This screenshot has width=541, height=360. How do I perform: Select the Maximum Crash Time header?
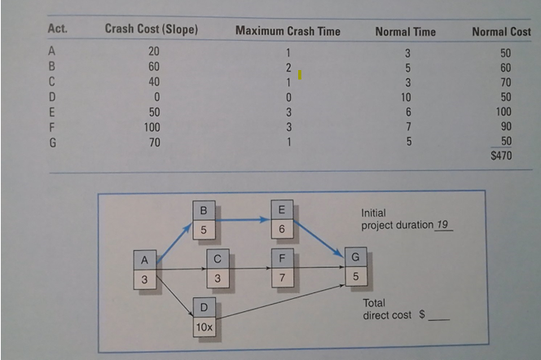pyautogui.click(x=288, y=32)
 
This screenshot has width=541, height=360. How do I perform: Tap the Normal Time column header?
pyautogui.click(x=405, y=32)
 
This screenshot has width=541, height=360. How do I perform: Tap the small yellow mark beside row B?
pyautogui.click(x=300, y=75)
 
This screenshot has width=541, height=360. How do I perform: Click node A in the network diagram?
pyautogui.click(x=143, y=261)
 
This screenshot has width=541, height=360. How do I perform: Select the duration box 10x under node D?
pyautogui.click(x=203, y=327)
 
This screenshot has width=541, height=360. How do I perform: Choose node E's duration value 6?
pyautogui.click(x=280, y=230)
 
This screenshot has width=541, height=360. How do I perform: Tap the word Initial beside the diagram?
pyautogui.click(x=374, y=212)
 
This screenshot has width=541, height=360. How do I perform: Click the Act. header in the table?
pyautogui.click(x=57, y=31)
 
